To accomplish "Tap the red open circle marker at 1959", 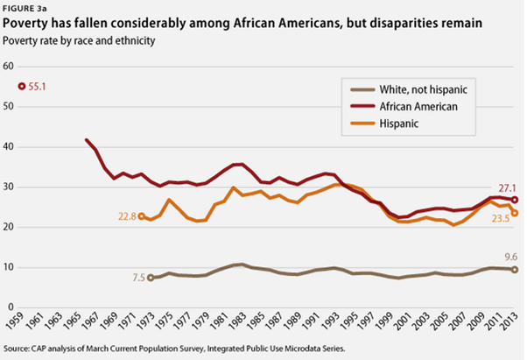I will pos(22,87).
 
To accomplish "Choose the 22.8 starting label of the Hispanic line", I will pos(127,216).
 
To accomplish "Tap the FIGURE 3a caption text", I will pos(24,8).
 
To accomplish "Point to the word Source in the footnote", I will pos(19,350).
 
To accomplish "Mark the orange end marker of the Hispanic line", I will pos(515,213).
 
